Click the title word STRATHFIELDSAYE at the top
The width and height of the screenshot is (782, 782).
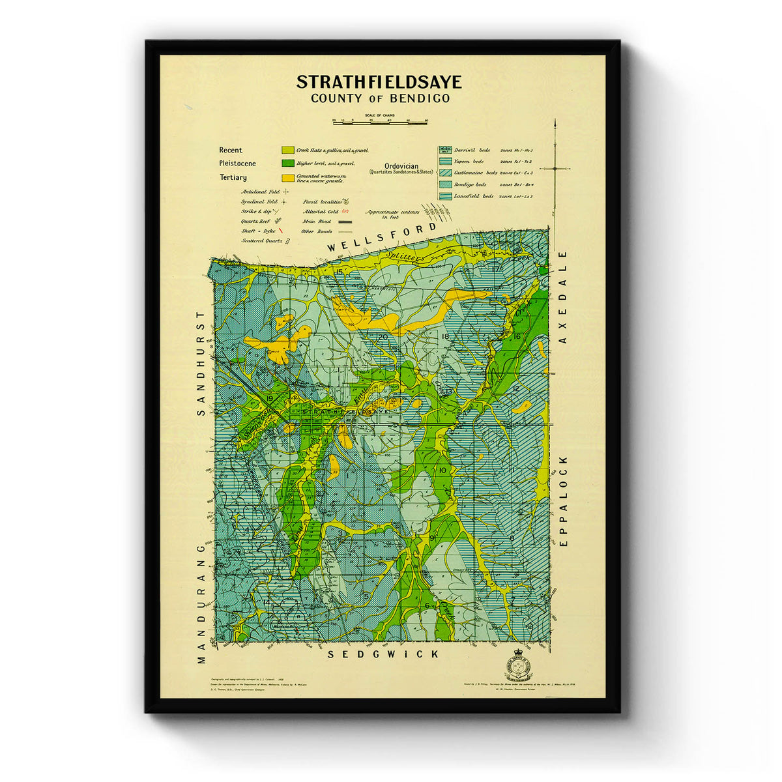click(x=379, y=82)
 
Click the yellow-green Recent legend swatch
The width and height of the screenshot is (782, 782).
click(x=287, y=151)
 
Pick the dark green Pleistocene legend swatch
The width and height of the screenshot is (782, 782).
click(x=287, y=164)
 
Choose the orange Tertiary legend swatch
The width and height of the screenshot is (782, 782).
click(x=287, y=177)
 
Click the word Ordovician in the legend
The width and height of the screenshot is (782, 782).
click(x=401, y=166)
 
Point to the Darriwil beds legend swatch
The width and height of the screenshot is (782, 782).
click(x=445, y=150)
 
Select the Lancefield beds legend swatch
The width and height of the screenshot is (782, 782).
click(x=445, y=196)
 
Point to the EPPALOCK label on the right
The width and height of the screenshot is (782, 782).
click(x=564, y=500)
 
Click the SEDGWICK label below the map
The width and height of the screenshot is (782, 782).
click(x=383, y=654)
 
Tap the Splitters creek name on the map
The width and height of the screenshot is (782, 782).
click(x=406, y=257)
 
